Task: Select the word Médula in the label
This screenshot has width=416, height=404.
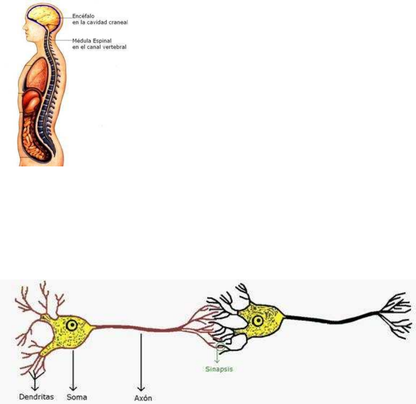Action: pos(80,41)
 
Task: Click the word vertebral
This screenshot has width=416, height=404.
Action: pos(115,47)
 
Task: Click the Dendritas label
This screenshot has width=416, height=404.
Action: pos(37,397)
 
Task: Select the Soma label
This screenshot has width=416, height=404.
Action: pos(77,397)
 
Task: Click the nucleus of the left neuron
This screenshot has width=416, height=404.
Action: pos(72,326)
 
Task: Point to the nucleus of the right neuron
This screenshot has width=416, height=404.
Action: pos(258,320)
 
